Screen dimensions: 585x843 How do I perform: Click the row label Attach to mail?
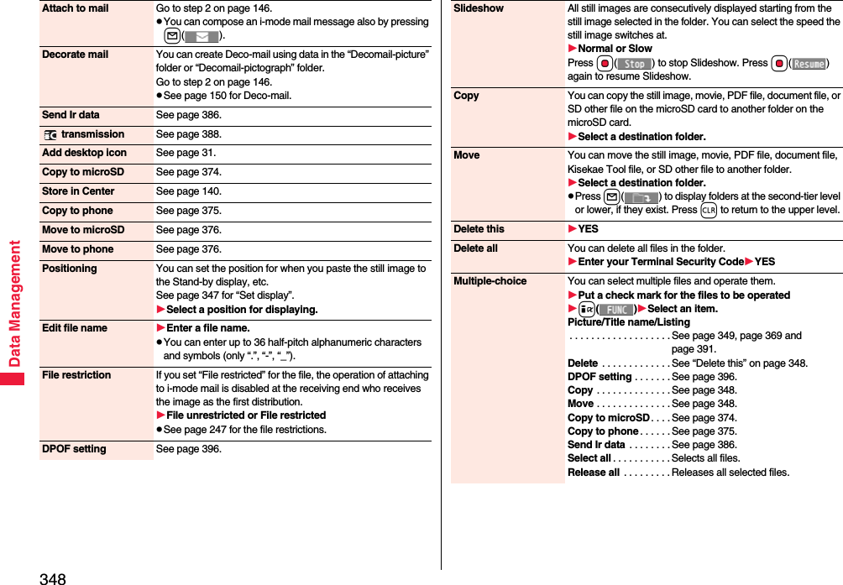pyautogui.click(x=75, y=8)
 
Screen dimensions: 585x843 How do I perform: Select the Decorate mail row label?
pyautogui.click(x=75, y=55)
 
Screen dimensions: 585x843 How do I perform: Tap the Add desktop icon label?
pyautogui.click(x=84, y=153)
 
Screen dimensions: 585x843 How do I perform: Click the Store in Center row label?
pyautogui.click(x=78, y=191)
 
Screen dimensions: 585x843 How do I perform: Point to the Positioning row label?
pyautogui.click(x=69, y=269)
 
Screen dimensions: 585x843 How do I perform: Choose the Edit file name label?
pyautogui.click(x=75, y=328)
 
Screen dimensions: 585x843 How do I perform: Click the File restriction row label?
pyautogui.click(x=76, y=375)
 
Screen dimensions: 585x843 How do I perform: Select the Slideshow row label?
pyautogui.click(x=479, y=8)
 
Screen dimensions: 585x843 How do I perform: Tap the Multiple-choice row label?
pyautogui.click(x=490, y=281)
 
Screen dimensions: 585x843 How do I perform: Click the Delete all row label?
pyautogui.click(x=475, y=248)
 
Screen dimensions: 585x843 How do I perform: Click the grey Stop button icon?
pyautogui.click(x=636, y=64)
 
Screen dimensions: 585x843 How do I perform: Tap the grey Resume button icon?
pyautogui.click(x=809, y=64)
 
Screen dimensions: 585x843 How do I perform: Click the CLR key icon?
pyautogui.click(x=708, y=210)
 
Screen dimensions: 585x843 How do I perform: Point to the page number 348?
pyautogui.click(x=51, y=577)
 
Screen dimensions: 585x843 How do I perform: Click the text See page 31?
pyautogui.click(x=186, y=153)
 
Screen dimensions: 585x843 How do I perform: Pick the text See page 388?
pyautogui.click(x=188, y=134)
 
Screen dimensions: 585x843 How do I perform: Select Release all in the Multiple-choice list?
pyautogui.click(x=593, y=473)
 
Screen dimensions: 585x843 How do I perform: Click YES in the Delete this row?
pyautogui.click(x=588, y=229)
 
